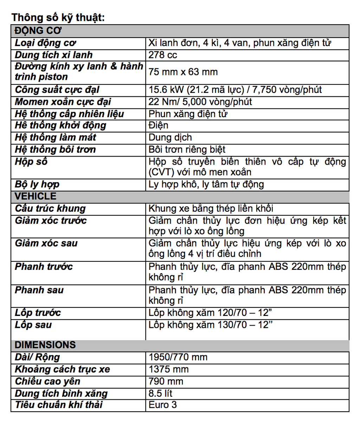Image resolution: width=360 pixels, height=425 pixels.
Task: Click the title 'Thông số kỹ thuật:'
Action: (58, 18)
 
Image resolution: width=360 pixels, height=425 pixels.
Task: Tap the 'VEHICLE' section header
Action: (35, 196)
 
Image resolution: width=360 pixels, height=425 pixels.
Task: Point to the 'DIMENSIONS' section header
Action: (45, 345)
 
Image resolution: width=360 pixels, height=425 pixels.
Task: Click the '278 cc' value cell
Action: (163, 55)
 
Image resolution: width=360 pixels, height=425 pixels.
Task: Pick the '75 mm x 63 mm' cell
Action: (183, 72)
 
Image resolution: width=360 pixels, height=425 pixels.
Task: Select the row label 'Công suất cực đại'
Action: (57, 90)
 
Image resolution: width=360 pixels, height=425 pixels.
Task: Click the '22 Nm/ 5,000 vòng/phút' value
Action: (200, 102)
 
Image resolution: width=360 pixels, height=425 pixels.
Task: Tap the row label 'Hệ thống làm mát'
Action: (55, 137)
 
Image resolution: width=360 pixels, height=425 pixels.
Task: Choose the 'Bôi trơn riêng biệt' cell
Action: (187, 150)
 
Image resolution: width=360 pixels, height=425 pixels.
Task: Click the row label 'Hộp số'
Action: (31, 162)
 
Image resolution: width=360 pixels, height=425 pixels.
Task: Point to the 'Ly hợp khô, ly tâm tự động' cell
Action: (206, 184)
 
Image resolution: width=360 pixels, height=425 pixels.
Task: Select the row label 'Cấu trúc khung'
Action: (50, 209)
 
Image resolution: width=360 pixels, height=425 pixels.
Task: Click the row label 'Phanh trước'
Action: (44, 267)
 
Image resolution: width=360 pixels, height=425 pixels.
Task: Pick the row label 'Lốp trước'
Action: (38, 313)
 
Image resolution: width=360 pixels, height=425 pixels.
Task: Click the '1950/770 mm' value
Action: (178, 357)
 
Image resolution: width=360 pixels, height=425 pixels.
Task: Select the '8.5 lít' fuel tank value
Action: (161, 393)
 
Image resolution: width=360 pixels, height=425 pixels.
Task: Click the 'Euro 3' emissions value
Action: (163, 405)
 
